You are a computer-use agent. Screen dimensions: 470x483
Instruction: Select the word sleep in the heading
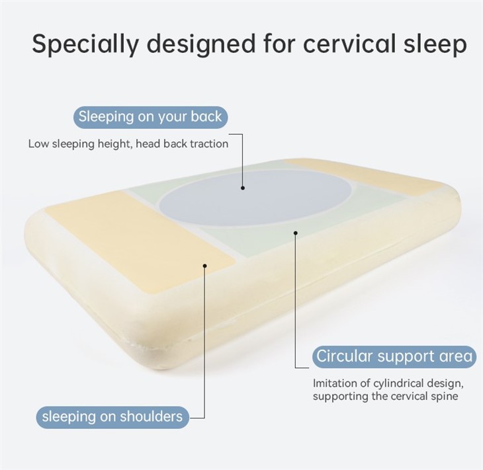pyautogui.click(x=433, y=44)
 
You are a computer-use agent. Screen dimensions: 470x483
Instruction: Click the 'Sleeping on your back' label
pyautogui.click(x=150, y=118)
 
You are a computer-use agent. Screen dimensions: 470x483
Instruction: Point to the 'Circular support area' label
pyautogui.click(x=395, y=356)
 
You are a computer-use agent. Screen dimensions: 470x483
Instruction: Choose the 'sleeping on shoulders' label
pyautogui.click(x=112, y=416)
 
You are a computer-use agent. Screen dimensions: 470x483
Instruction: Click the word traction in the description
pyautogui.click(x=208, y=143)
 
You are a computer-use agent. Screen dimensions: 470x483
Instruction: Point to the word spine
pyautogui.click(x=444, y=397)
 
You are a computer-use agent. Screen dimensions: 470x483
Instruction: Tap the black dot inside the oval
pyautogui.click(x=243, y=188)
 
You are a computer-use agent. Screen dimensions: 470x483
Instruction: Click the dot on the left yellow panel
pyautogui.click(x=205, y=266)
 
